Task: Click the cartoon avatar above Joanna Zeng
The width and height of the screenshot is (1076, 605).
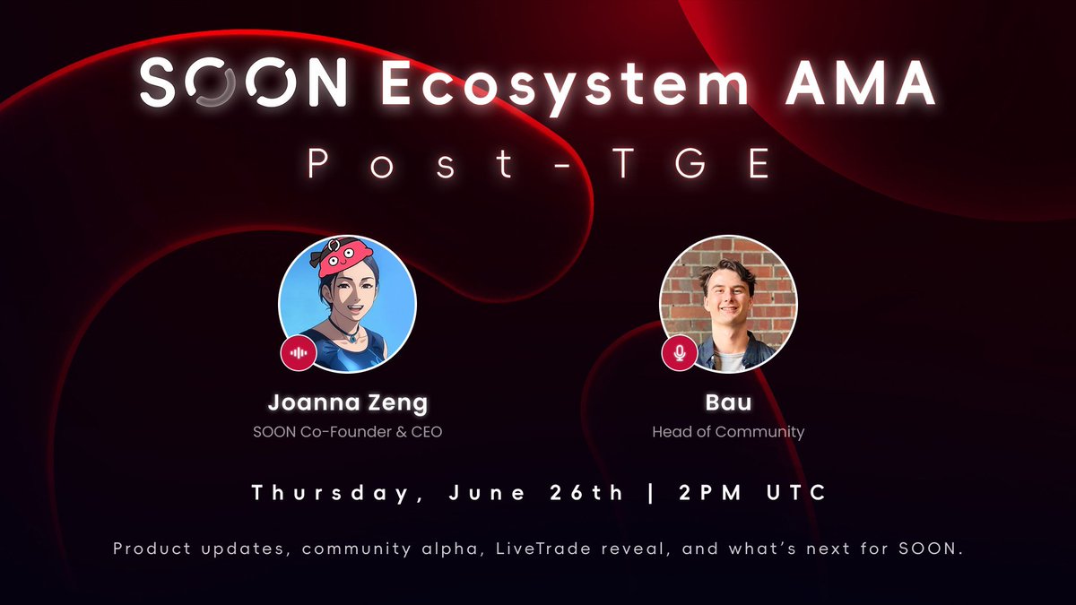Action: pos(347,305)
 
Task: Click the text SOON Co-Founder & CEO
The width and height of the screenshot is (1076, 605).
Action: pos(347,432)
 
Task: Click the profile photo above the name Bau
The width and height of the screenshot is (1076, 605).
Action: pos(728,305)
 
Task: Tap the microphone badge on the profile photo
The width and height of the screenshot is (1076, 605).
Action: pos(680,353)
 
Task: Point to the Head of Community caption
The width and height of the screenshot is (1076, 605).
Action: pos(727,432)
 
